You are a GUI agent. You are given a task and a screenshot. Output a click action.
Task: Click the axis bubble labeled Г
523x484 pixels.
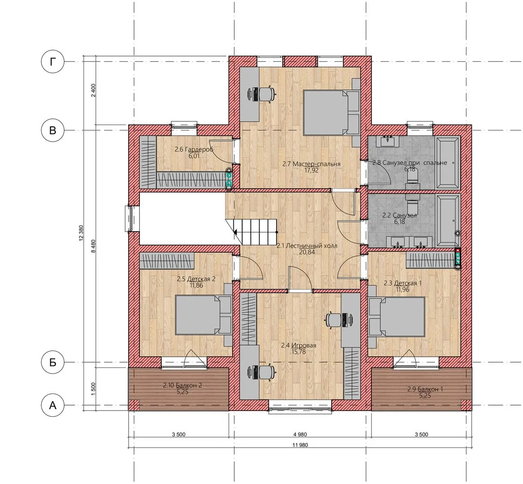click(53, 62)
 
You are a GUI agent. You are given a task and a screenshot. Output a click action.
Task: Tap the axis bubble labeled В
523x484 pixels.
click(53, 130)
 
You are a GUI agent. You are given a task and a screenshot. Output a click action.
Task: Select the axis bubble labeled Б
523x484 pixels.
click(53, 362)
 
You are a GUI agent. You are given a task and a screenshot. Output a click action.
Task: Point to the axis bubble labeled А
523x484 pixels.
click(53, 405)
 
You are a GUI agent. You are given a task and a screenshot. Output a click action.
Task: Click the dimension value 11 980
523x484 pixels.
click(300, 445)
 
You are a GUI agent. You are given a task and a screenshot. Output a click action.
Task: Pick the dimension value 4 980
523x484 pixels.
click(300, 434)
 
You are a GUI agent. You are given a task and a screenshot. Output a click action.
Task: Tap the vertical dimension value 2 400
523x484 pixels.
click(93, 90)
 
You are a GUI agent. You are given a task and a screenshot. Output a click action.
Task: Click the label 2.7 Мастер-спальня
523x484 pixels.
click(311, 164)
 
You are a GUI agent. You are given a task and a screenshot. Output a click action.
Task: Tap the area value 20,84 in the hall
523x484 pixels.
click(307, 252)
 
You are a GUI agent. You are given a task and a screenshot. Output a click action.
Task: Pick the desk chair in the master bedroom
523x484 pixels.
click(267, 93)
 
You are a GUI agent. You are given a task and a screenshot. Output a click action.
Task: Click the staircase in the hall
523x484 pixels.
click(255, 232)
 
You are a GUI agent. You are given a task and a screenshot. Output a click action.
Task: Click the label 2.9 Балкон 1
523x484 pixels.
click(425, 389)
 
